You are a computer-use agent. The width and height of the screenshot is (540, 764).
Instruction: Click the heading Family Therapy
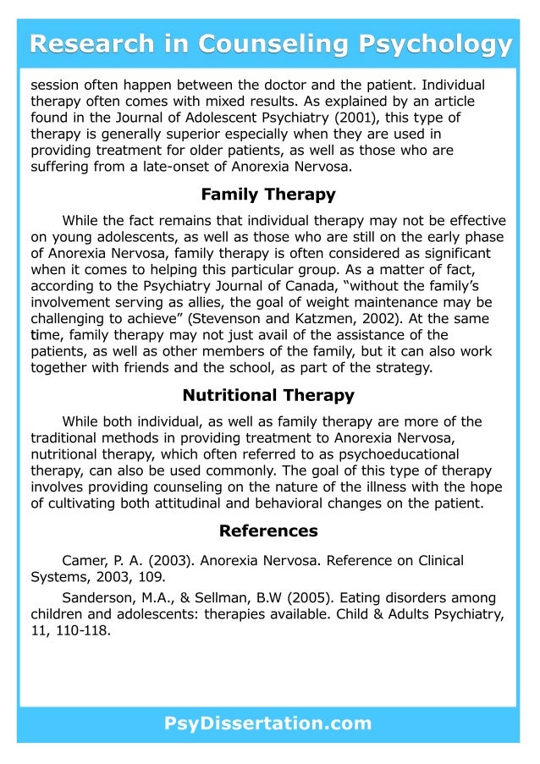point(268,195)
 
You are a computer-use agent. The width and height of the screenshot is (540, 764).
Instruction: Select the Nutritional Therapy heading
point(268,395)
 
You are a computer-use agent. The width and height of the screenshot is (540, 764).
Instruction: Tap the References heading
point(268,531)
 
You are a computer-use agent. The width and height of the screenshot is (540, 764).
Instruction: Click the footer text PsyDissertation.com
point(268,723)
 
